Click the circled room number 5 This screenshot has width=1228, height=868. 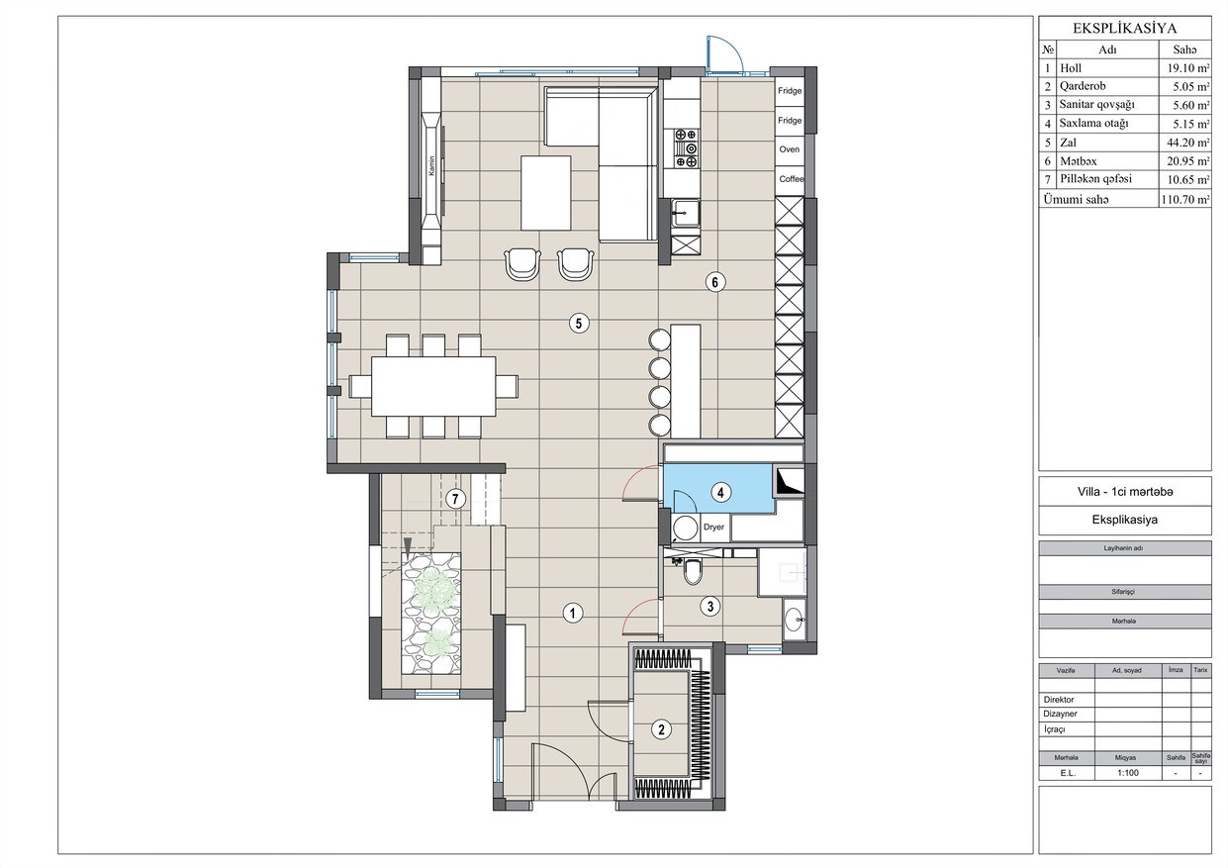click(578, 323)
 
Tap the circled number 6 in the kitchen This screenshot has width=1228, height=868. click(714, 282)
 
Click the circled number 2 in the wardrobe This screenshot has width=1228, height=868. click(661, 729)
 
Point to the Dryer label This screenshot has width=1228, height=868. click(713, 527)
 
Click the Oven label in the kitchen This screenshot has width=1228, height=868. click(789, 149)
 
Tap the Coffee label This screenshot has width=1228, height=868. click(791, 179)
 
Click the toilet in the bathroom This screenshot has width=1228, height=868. click(691, 571)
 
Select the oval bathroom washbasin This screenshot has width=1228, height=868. click(794, 620)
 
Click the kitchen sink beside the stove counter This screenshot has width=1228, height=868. click(686, 213)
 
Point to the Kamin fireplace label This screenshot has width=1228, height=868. click(432, 166)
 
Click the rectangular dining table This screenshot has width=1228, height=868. click(433, 386)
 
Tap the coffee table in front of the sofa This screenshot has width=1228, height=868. click(545, 192)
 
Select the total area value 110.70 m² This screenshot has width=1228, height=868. click(1185, 199)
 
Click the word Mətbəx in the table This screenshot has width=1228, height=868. click(1078, 161)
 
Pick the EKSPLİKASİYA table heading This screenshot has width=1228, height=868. click(1124, 29)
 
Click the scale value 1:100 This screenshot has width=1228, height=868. click(1127, 773)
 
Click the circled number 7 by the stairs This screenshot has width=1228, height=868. click(455, 499)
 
